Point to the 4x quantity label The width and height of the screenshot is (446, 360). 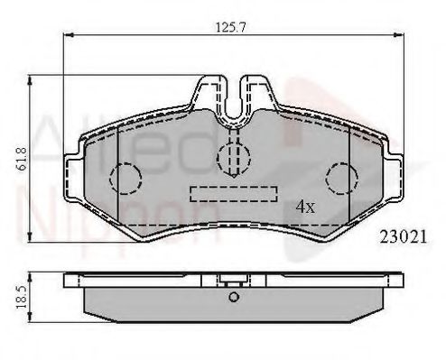point(305,206)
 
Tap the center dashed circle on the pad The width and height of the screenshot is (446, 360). point(234,154)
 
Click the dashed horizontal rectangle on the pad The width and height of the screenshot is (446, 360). point(234,193)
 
